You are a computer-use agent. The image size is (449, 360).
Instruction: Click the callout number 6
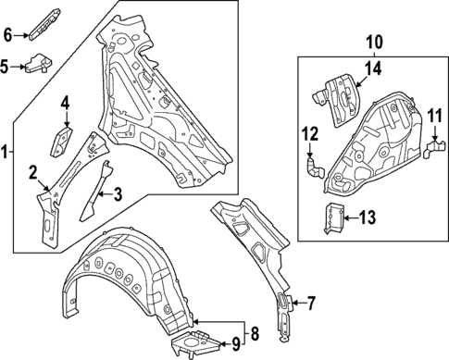6,36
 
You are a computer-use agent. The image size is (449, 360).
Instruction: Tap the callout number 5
6,67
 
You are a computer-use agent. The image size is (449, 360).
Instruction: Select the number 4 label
66,103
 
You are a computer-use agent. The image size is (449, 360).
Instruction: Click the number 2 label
32,171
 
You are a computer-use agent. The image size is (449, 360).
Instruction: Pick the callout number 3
118,193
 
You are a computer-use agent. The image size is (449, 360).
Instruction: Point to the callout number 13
368,217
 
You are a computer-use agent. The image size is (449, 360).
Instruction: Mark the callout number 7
311,302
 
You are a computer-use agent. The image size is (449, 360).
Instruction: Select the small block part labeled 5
37,64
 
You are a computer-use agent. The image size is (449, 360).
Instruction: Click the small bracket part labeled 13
334,217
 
